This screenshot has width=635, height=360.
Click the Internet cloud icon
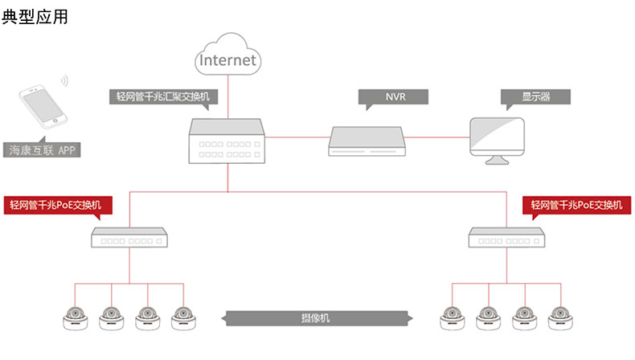(x=227, y=54)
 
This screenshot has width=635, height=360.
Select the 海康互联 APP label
(x=42, y=150)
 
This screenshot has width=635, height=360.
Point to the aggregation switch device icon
(x=227, y=141)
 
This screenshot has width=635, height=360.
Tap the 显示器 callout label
(x=535, y=97)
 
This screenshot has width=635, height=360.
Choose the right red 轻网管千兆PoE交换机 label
(x=577, y=205)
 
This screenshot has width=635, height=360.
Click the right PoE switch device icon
(x=507, y=237)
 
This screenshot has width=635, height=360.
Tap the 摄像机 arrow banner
(x=319, y=319)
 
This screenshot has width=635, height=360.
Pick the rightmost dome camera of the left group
(x=185, y=319)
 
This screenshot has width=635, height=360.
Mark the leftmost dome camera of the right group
(x=452, y=319)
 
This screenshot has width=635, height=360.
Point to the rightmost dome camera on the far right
(x=561, y=319)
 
